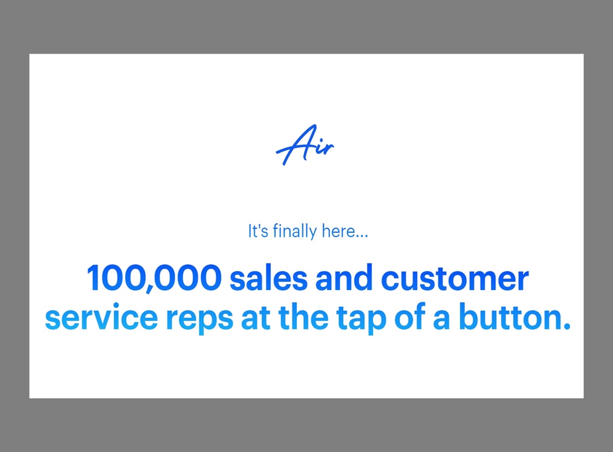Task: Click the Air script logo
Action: pyautogui.click(x=305, y=145)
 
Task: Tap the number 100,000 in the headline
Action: pyautogui.click(x=154, y=278)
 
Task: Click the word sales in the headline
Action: pyautogui.click(x=269, y=278)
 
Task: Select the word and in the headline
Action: pyautogui.click(x=344, y=278)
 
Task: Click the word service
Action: pyautogui.click(x=101, y=317)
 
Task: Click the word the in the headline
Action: pyautogui.click(x=303, y=316)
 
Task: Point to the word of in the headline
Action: pyautogui.click(x=409, y=316)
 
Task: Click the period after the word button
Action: pyautogui.click(x=566, y=326)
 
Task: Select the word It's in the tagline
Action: pyautogui.click(x=258, y=231)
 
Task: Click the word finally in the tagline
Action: pyautogui.click(x=295, y=231)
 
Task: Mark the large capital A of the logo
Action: pyautogui.click(x=296, y=145)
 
